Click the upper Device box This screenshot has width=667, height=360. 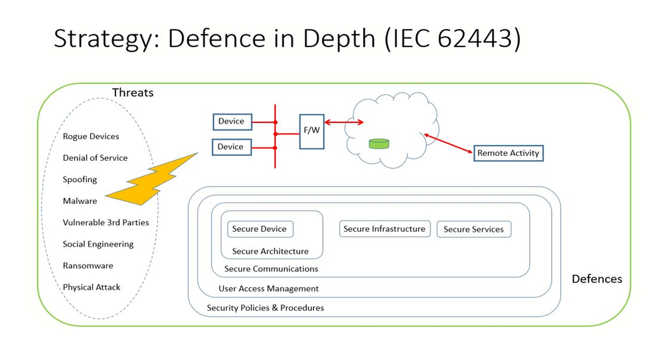233,122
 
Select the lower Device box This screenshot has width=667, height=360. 232,147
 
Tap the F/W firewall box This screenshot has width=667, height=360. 312,132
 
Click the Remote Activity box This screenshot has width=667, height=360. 509,153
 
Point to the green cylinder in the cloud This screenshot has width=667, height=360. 379,143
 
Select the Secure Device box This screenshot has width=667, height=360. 260,229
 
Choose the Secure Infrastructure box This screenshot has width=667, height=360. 385,229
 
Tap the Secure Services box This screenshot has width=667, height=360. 474,229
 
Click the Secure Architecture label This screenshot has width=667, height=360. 271,251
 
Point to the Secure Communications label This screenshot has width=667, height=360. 271,269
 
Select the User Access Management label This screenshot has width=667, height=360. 268,289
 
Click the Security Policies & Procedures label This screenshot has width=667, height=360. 265,308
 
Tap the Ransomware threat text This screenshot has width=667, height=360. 88,266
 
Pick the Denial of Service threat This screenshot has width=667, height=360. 95,158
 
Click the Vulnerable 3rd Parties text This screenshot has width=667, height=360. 106,222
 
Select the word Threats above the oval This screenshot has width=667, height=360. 133,92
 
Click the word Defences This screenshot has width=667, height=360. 597,279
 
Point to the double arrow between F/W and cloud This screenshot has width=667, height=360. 344,122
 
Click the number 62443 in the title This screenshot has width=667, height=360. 475,38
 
